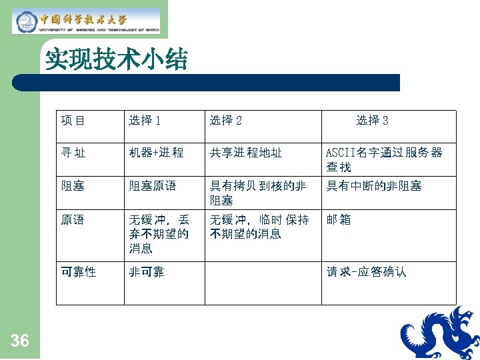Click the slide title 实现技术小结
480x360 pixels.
pyautogui.click(x=117, y=61)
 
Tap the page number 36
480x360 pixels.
pyautogui.click(x=20, y=341)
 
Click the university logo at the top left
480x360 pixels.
pyautogui.click(x=87, y=21)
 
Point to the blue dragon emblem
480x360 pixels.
pyautogui.click(x=437, y=333)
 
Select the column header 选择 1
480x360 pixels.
pyautogui.click(x=145, y=121)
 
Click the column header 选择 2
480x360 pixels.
pyautogui.click(x=226, y=121)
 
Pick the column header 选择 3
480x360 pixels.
pyautogui.click(x=372, y=121)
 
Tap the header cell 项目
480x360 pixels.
pyautogui.click(x=73, y=121)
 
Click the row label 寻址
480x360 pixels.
pyautogui.click(x=73, y=153)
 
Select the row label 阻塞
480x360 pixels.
pyautogui.click(x=73, y=186)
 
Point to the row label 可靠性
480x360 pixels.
pyautogui.click(x=79, y=272)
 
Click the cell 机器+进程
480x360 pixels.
pyautogui.click(x=156, y=153)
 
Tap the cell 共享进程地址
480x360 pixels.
pyautogui.click(x=246, y=153)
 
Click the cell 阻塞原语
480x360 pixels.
pyautogui.click(x=153, y=186)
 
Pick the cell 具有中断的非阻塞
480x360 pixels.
pyautogui.click(x=373, y=186)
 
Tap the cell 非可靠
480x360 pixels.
pyautogui.click(x=147, y=272)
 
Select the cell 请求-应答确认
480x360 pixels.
pyautogui.click(x=366, y=272)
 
